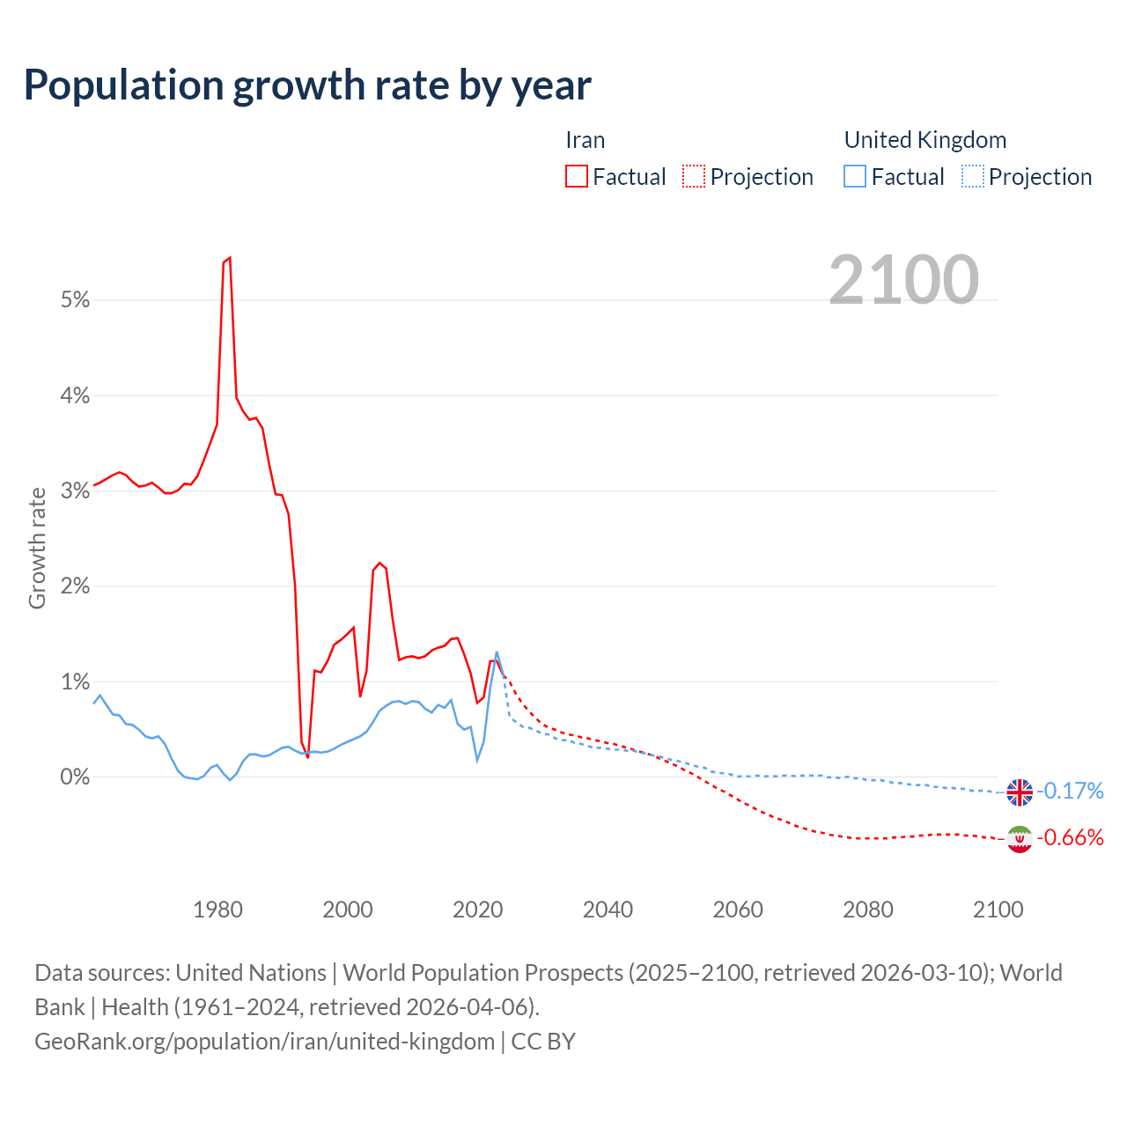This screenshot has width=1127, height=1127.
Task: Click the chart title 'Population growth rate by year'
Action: pyautogui.click(x=307, y=85)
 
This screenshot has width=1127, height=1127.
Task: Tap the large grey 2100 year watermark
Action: pyautogui.click(x=903, y=280)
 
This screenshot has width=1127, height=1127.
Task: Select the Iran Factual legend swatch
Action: pyautogui.click(x=576, y=177)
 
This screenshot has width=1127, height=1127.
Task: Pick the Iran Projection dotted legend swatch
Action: pyautogui.click(x=694, y=177)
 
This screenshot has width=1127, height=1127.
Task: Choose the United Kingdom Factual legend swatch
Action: pyautogui.click(x=854, y=177)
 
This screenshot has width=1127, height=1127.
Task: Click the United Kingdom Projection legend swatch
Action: pyautogui.click(x=972, y=177)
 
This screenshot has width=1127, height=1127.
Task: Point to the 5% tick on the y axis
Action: pyautogui.click(x=76, y=300)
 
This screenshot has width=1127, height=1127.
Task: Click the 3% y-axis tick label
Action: pyautogui.click(x=76, y=491)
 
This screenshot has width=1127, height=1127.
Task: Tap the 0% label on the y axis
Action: pyautogui.click(x=76, y=777)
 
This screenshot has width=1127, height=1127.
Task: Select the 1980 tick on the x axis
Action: pyautogui.click(x=217, y=910)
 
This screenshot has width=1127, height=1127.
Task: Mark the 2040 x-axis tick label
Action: pyautogui.click(x=608, y=910)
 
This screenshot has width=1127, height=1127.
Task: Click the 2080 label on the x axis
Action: pyautogui.click(x=868, y=910)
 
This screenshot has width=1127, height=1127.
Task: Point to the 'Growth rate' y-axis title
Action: pyautogui.click(x=37, y=548)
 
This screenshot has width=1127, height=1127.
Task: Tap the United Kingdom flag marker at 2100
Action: pyautogui.click(x=1020, y=792)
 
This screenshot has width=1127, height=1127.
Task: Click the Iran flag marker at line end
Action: pyautogui.click(x=1020, y=839)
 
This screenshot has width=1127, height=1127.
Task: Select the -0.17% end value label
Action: pyautogui.click(x=1070, y=792)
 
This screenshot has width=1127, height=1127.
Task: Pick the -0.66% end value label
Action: pyautogui.click(x=1070, y=837)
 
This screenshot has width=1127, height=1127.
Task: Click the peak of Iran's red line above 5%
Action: pyautogui.click(x=229, y=258)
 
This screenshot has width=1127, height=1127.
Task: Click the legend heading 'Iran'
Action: pyautogui.click(x=585, y=140)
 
